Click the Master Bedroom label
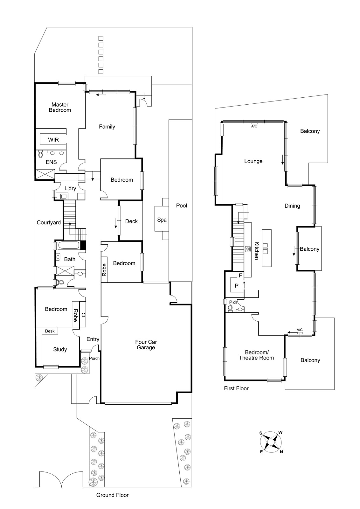(60, 107)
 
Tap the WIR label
(53, 140)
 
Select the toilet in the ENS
(40, 155)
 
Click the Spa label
(162, 220)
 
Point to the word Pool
(182, 206)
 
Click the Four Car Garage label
(146, 345)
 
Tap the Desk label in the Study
(50, 331)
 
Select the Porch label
(94, 358)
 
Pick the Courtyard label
(49, 222)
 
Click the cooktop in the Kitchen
(248, 249)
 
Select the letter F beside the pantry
(240, 275)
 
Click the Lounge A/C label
(254, 126)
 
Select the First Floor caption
(236, 388)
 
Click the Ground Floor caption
(112, 495)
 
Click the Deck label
(131, 221)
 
